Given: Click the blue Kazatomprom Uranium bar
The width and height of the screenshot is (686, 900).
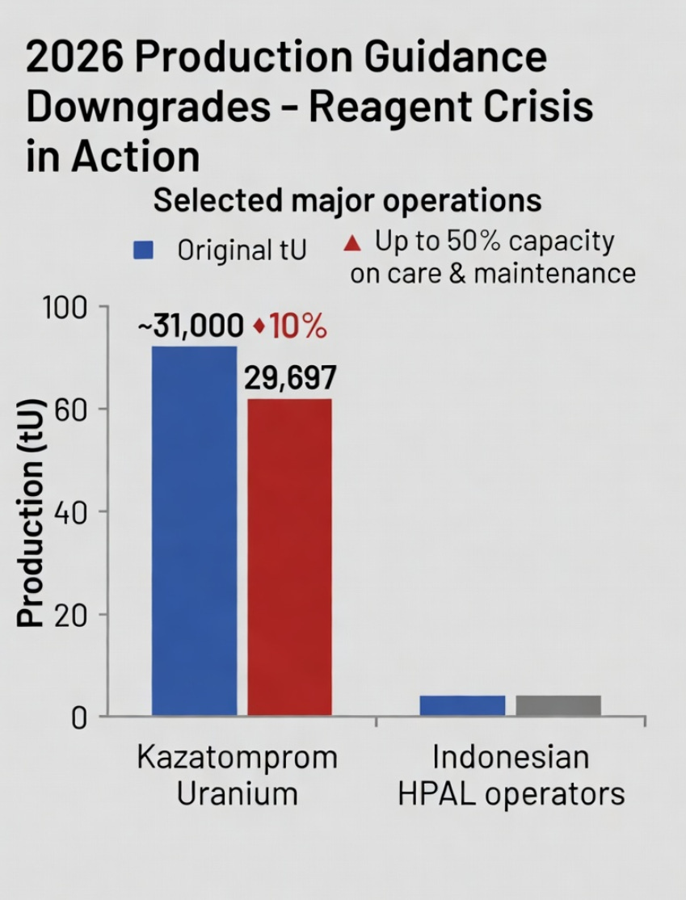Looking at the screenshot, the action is [x=194, y=531].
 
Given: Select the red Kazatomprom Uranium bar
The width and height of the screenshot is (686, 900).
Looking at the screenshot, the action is [x=289, y=557].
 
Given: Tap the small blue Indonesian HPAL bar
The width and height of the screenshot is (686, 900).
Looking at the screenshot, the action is [x=462, y=705].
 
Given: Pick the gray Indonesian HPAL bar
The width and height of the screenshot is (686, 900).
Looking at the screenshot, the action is [x=558, y=705].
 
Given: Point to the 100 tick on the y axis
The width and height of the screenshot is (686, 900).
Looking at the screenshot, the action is [x=65, y=308].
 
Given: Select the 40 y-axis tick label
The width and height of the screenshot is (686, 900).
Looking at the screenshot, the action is [x=70, y=512].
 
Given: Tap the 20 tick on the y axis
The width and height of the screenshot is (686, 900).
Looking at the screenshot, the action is [x=70, y=616].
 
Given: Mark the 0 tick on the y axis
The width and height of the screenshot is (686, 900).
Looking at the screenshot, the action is [x=79, y=717].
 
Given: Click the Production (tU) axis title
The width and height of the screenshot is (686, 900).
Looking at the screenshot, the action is [x=30, y=512].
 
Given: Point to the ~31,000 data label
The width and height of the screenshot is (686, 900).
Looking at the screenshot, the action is [x=191, y=326].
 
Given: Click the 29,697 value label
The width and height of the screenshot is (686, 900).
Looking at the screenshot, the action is [x=290, y=377].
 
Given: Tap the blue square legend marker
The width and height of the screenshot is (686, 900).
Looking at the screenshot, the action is [x=143, y=250].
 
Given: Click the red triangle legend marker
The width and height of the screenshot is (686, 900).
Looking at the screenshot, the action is [x=352, y=244].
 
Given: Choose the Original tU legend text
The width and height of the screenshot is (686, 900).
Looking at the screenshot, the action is [x=242, y=250].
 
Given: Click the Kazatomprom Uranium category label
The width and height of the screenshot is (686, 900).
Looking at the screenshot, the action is [x=237, y=776].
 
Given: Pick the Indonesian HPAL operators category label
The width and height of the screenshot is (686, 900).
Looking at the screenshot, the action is [x=511, y=776].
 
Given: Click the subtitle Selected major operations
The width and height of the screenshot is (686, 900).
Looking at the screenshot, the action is [x=347, y=201].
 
